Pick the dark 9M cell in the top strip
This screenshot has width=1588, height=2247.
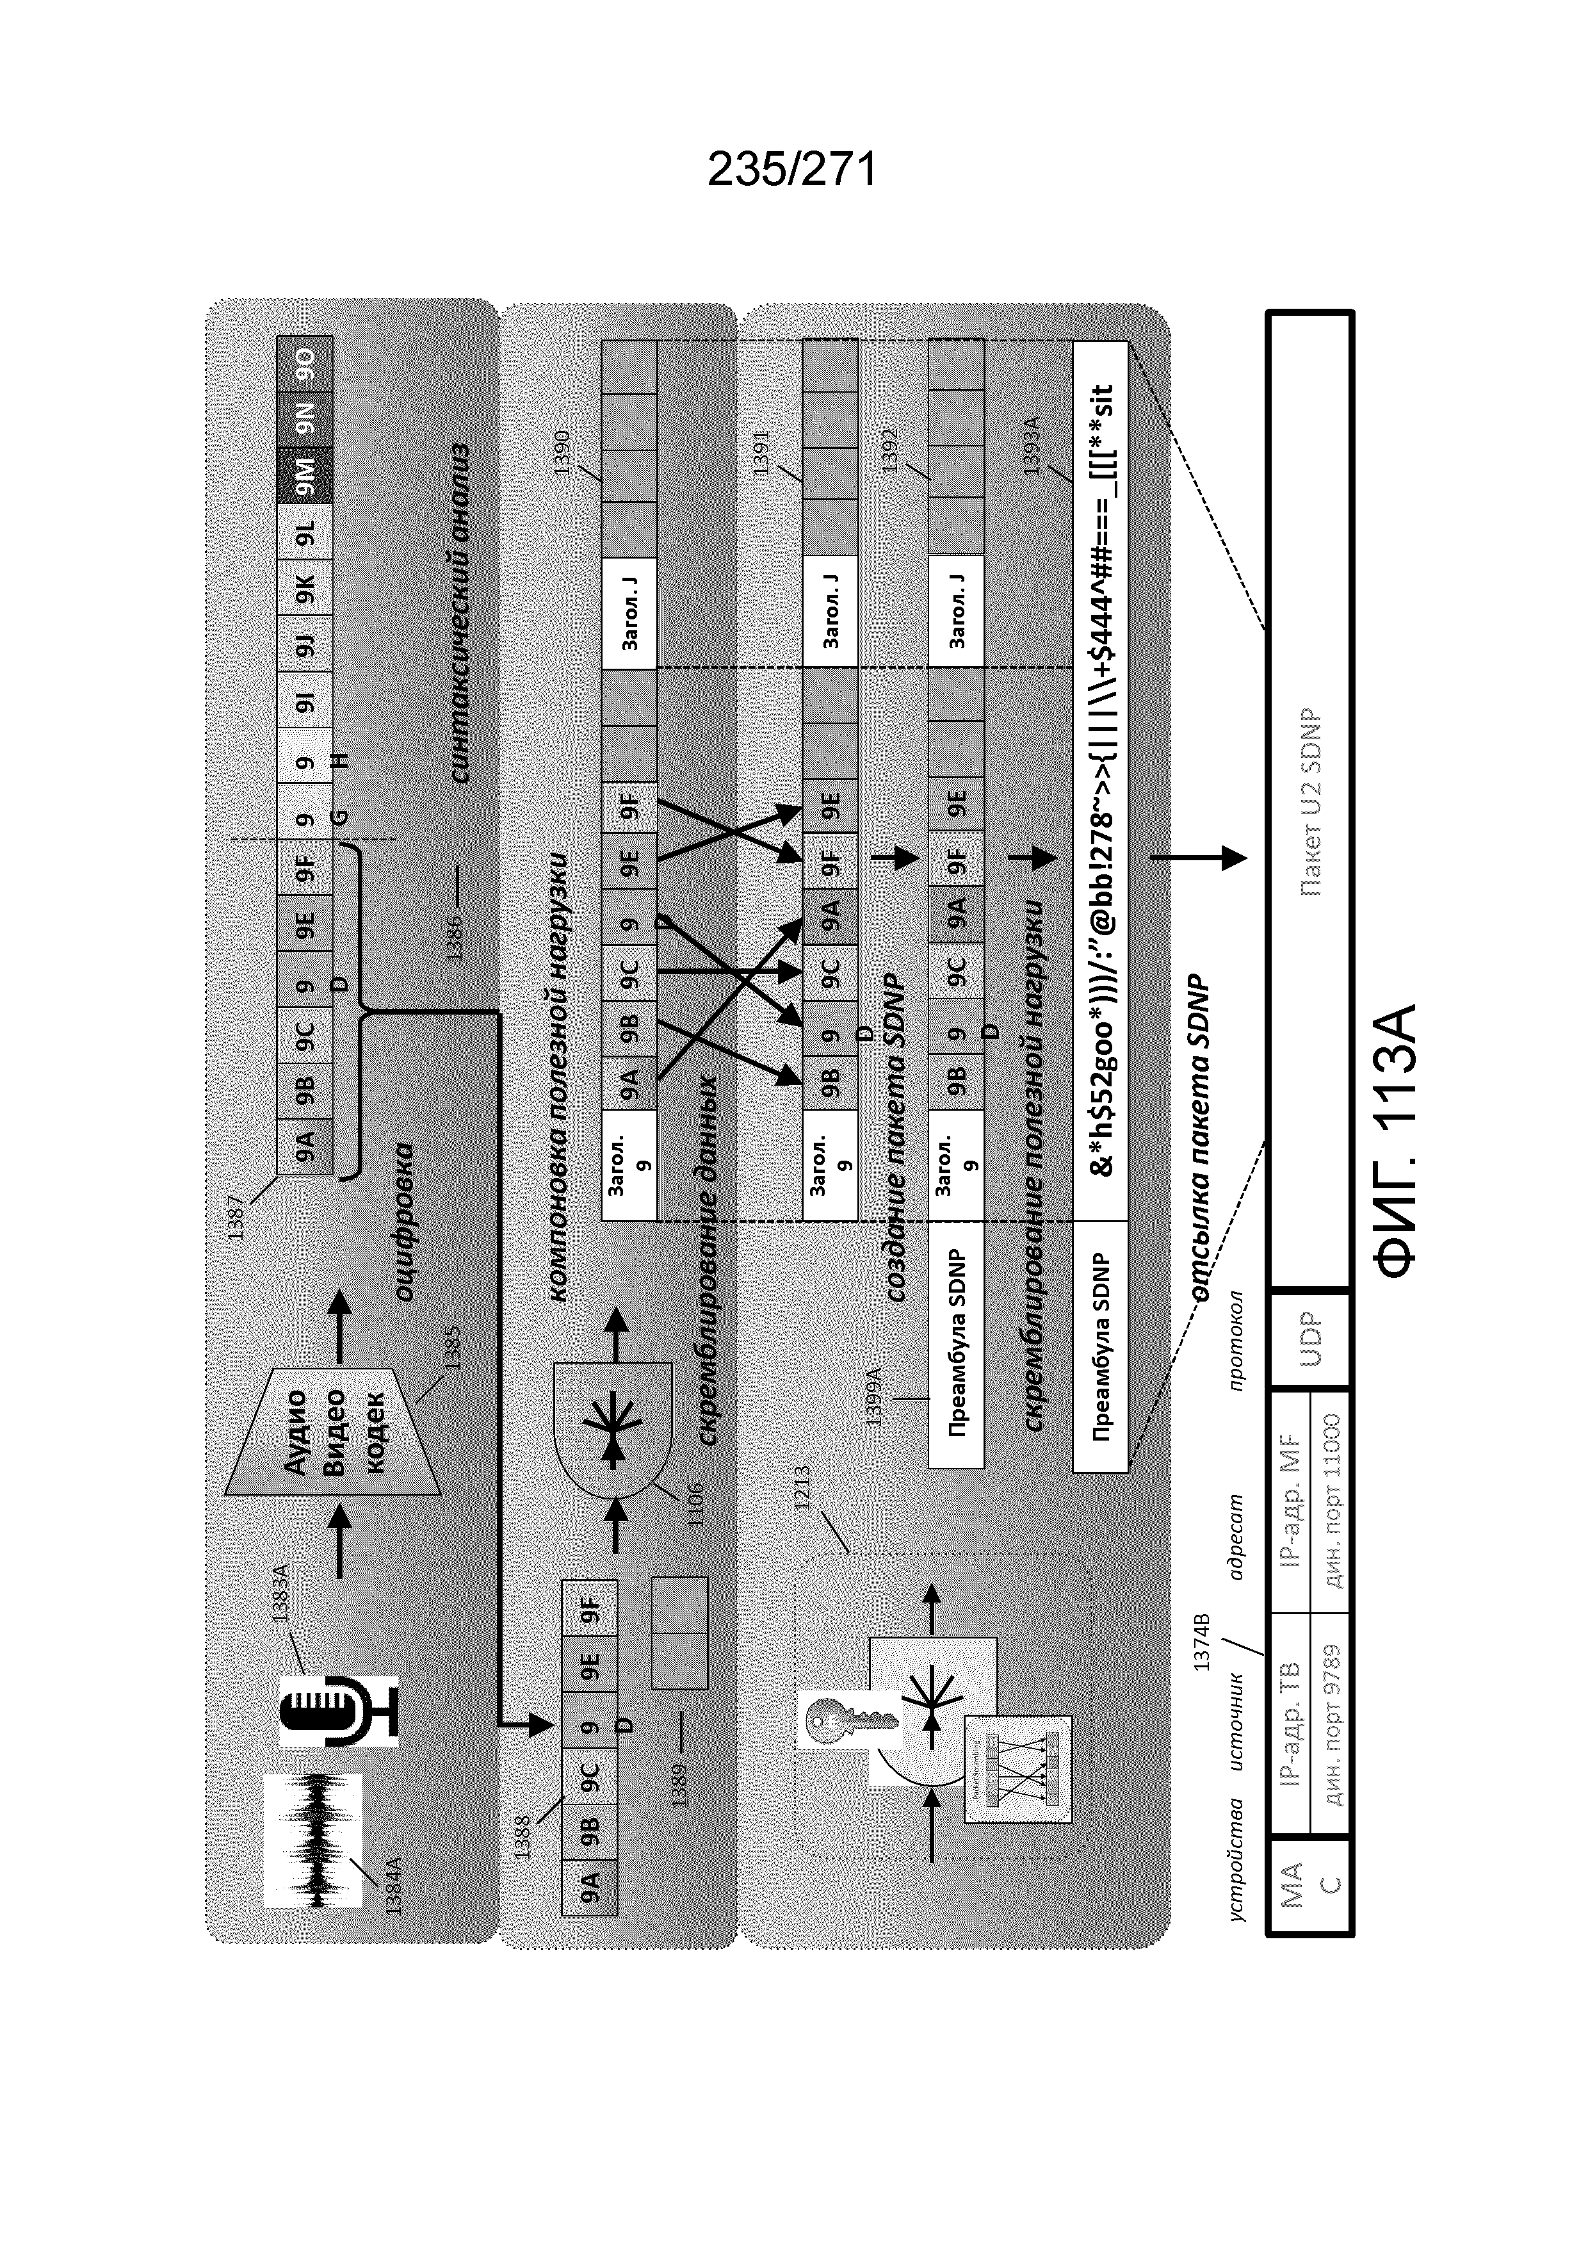[x=305, y=476]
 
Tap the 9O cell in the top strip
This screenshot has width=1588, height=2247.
[x=305, y=363]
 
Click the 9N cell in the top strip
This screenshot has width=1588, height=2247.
[x=305, y=419]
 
